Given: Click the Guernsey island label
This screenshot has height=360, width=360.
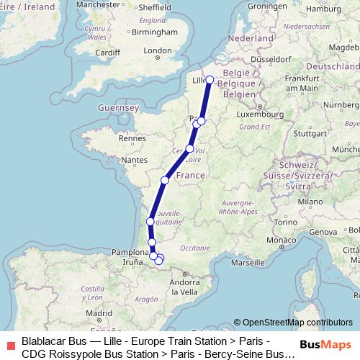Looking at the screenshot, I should click(x=119, y=107).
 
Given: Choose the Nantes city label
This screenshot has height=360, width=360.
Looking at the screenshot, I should click(x=135, y=159).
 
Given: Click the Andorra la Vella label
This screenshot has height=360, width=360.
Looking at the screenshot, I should click(x=184, y=287).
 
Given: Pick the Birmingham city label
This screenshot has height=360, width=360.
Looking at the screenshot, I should click(x=156, y=32).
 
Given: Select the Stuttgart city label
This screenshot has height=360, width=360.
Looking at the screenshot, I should click(x=310, y=133).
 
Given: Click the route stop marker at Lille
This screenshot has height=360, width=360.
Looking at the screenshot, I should click(x=210, y=80).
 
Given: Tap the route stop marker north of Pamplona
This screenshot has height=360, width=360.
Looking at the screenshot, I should click(x=152, y=243).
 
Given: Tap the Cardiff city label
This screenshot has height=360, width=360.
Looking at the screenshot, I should click(x=107, y=52).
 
